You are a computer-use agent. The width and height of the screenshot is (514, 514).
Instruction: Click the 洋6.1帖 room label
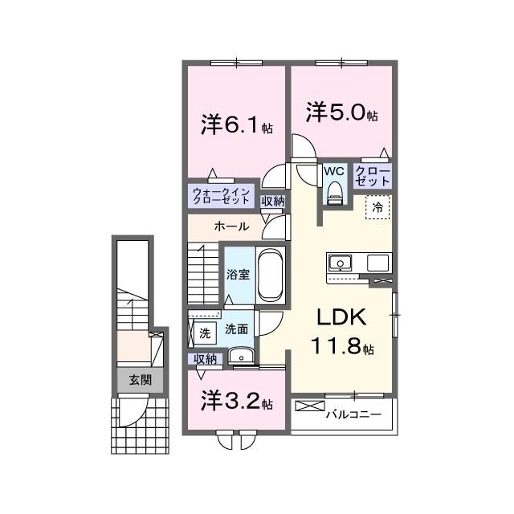(237, 125)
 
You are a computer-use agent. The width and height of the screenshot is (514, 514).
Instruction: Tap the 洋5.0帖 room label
(341, 112)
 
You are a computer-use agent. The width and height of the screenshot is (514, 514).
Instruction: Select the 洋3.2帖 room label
(237, 402)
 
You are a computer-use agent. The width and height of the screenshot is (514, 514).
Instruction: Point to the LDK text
(341, 316)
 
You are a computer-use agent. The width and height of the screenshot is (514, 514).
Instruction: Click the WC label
(334, 171)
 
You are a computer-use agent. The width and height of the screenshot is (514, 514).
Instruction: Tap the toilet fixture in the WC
(335, 194)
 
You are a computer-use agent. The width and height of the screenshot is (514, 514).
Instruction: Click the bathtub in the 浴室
(271, 275)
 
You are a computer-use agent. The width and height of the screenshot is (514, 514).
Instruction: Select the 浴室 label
(238, 275)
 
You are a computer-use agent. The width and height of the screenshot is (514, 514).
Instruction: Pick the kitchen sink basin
(341, 263)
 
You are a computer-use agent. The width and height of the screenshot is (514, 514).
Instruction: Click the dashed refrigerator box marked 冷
(377, 207)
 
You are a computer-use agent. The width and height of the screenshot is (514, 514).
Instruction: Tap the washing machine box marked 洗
(205, 333)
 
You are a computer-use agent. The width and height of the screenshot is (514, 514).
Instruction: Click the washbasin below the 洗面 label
(241, 356)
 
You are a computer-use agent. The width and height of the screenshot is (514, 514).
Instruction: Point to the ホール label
(232, 226)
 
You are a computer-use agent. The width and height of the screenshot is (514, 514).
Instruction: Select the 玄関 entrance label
(141, 380)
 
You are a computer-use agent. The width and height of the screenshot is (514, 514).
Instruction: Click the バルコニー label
(353, 414)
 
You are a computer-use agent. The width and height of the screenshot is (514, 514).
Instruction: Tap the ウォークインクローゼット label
(222, 196)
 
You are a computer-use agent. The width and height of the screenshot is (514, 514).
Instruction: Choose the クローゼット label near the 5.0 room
(373, 176)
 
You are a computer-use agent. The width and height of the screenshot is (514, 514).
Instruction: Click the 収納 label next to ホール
(273, 202)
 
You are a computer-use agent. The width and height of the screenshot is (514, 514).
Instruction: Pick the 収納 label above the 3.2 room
(206, 359)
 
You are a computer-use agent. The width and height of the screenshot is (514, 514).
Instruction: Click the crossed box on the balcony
(310, 406)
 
